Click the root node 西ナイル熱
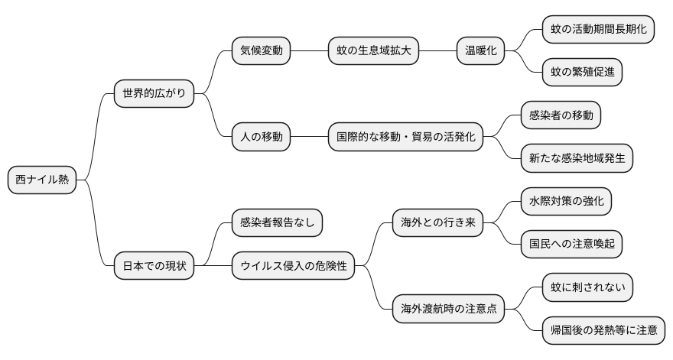(42, 180)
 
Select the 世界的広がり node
(154, 94)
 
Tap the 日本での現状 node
(154, 267)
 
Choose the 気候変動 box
(261, 51)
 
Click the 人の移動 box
(261, 138)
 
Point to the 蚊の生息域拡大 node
(374, 51)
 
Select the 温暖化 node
(481, 51)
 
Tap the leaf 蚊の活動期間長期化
(598, 30)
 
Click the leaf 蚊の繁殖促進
(582, 73)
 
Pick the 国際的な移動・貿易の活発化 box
(405, 138)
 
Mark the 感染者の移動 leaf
(561, 115)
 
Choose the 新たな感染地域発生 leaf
(577, 159)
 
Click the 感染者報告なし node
(277, 223)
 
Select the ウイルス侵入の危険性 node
(294, 267)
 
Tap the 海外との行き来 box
(437, 223)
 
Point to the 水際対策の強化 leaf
(566, 202)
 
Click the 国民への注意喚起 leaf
(571, 245)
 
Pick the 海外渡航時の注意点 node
(448, 310)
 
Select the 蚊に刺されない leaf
(587, 288)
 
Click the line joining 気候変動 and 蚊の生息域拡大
(309, 51)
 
